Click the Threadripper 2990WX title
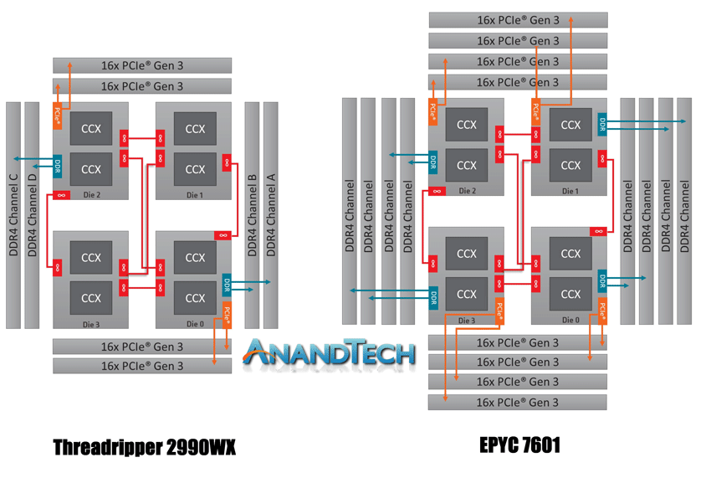pyautogui.click(x=144, y=447)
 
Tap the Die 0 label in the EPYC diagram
pyautogui.click(x=570, y=320)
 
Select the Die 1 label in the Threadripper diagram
pyautogui.click(x=195, y=194)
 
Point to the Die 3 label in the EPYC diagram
pyautogui.click(x=467, y=320)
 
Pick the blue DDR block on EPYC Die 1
pyautogui.click(x=601, y=125)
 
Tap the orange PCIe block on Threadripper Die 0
pyautogui.click(x=228, y=316)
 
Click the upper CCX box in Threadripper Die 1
pyautogui.click(x=195, y=129)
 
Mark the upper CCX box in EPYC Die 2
pyautogui.click(x=467, y=126)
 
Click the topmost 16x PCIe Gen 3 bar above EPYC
pyautogui.click(x=518, y=20)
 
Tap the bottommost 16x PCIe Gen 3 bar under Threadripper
pyautogui.click(x=141, y=366)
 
